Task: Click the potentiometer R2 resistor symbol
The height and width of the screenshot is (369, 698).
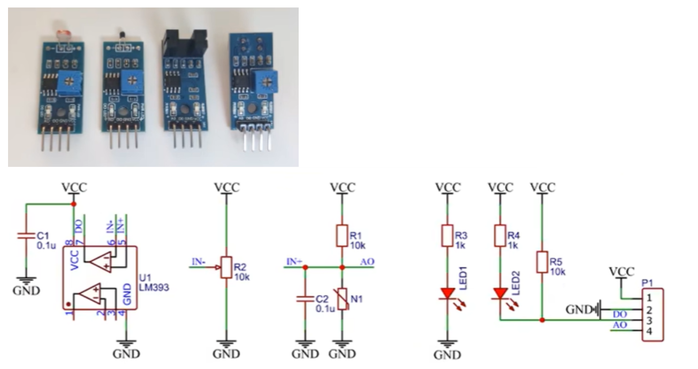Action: tap(226, 267)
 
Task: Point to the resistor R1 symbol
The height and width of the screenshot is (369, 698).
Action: tap(342, 235)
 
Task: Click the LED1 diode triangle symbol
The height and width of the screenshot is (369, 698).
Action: tap(447, 293)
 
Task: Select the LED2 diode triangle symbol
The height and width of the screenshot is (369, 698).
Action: tap(500, 293)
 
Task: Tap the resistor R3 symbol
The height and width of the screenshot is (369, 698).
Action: tap(447, 235)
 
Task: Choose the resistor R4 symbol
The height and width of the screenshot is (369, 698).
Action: tap(500, 235)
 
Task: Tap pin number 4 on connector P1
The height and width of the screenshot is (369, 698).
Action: tap(649, 332)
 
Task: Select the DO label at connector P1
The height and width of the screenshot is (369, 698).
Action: tap(619, 315)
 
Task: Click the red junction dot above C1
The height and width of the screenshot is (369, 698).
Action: tap(73, 204)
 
